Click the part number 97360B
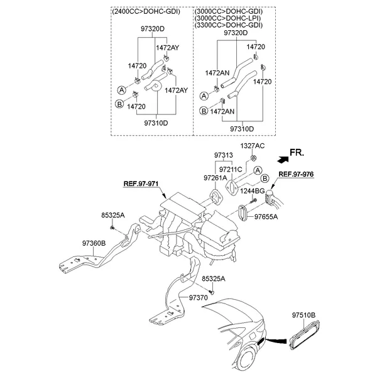coord(94,243)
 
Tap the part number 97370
coord(198,298)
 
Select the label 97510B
coord(303,315)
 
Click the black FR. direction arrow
coord(283,160)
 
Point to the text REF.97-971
coord(141,184)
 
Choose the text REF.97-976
coord(296,174)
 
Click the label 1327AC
coord(253,146)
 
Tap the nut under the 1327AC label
coord(253,158)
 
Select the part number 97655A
coord(266,217)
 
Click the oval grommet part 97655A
coord(242,212)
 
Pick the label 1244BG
coord(253,191)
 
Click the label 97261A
coord(215,178)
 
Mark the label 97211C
coord(231,170)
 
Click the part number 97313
coord(224,155)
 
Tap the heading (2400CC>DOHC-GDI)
coord(146,11)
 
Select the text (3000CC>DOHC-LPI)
coord(227,18)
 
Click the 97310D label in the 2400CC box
coord(156,123)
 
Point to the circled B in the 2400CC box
coord(119,104)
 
